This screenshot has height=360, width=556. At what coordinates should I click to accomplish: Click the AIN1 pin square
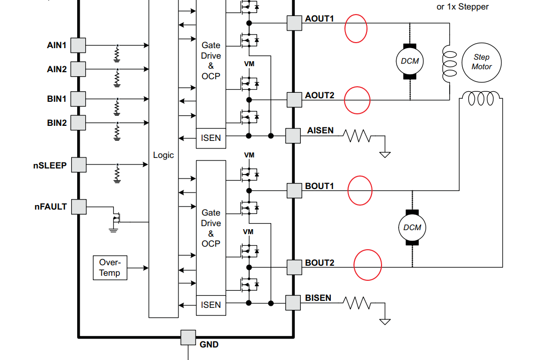pyautogui.click(x=78, y=46)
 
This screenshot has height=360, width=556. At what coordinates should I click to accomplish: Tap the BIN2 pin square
pyautogui.click(x=78, y=123)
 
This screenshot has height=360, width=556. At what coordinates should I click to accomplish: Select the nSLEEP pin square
pyautogui.click(x=79, y=165)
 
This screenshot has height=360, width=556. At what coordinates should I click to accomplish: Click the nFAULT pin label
pyautogui.click(x=51, y=207)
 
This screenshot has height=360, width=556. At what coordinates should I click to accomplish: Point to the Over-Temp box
pyautogui.click(x=110, y=268)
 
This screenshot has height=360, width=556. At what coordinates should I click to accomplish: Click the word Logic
pyautogui.click(x=163, y=155)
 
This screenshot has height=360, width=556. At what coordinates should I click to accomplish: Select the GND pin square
pyautogui.click(x=189, y=337)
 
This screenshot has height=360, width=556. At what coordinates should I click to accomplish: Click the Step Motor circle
pyautogui.click(x=481, y=63)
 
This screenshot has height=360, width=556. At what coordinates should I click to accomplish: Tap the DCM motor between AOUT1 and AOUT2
pyautogui.click(x=410, y=61)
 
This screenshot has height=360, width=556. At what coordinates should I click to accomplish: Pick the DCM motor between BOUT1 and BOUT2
pyautogui.click(x=412, y=227)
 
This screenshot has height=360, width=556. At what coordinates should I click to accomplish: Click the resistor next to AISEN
pyautogui.click(x=357, y=136)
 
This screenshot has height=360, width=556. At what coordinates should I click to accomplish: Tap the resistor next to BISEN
pyautogui.click(x=357, y=303)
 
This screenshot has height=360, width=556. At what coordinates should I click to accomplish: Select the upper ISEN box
pyautogui.click(x=211, y=138)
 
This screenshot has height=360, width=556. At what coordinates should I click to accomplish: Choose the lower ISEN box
pyautogui.click(x=211, y=305)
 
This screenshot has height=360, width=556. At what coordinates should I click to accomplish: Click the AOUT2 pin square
pyautogui.click(x=294, y=100)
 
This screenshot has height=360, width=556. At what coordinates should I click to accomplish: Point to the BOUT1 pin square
pyautogui.click(x=294, y=191)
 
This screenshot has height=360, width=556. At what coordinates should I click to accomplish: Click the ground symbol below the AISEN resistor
pyautogui.click(x=385, y=154)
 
